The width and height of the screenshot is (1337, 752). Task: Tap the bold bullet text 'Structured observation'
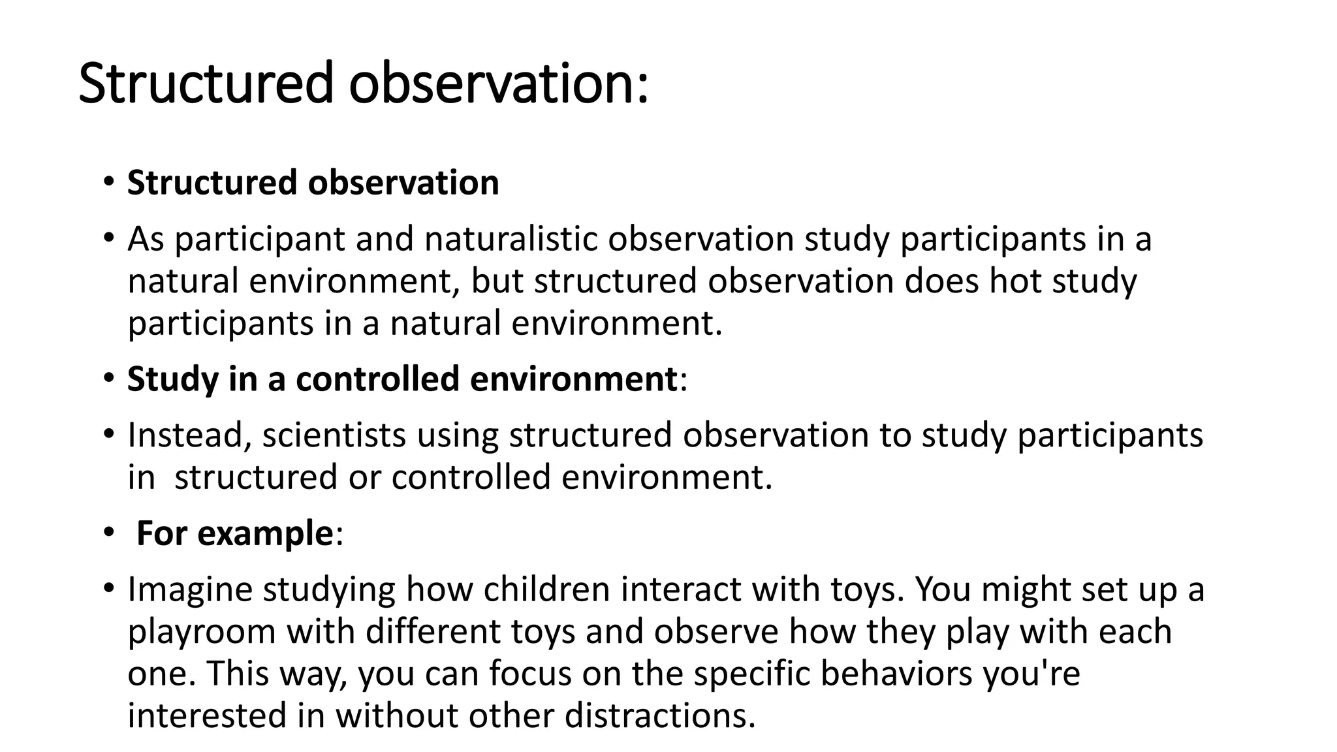pos(313,182)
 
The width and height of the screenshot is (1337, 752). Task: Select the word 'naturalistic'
pos(511,239)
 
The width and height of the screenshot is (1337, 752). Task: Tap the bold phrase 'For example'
pos(235,533)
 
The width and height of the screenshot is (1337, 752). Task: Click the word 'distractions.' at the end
pos(659,715)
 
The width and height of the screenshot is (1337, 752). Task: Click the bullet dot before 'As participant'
pos(109,237)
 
